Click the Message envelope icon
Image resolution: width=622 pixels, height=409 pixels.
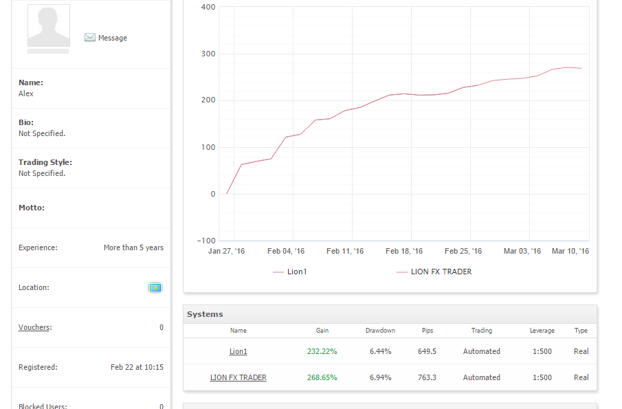click(90, 37)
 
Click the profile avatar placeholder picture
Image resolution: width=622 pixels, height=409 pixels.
click(49, 26)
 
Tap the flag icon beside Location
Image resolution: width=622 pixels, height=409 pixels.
click(155, 287)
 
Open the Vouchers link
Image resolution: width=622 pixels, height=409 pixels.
click(34, 327)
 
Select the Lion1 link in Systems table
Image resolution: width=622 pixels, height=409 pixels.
click(238, 351)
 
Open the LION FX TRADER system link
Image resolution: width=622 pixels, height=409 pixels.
click(238, 377)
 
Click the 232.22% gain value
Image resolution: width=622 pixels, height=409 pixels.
click(322, 351)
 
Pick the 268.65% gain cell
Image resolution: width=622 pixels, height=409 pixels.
click(322, 377)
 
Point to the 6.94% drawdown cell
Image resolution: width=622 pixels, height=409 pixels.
click(381, 377)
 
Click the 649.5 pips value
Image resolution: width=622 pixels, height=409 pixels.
click(427, 351)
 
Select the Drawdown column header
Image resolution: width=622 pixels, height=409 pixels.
click(381, 331)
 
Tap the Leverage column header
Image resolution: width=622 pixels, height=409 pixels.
click(542, 331)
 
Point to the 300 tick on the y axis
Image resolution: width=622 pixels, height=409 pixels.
click(208, 54)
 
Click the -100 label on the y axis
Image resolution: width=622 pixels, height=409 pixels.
click(206, 241)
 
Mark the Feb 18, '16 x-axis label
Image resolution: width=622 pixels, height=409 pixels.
click(404, 251)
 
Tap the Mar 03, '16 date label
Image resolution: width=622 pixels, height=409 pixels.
click(522, 251)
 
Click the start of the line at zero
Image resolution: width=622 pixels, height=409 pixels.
click(227, 194)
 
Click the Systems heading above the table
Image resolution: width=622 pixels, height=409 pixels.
click(205, 314)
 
